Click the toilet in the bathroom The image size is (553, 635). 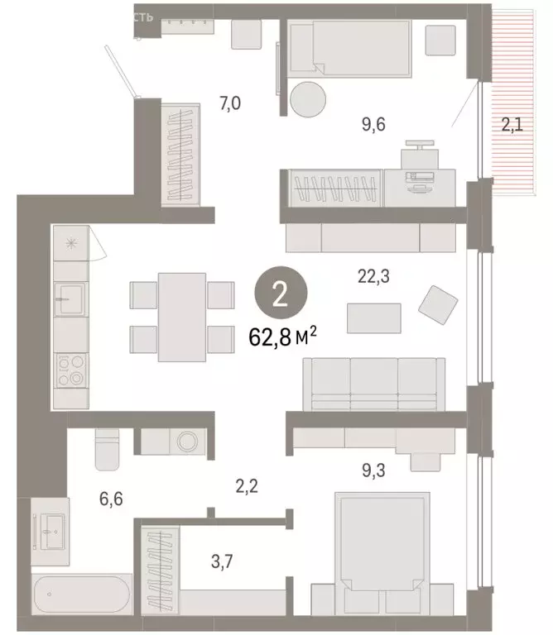coord(108,448)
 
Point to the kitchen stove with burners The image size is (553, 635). coord(70,370)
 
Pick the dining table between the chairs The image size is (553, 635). coord(182,317)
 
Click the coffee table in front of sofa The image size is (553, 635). coord(373,317)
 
